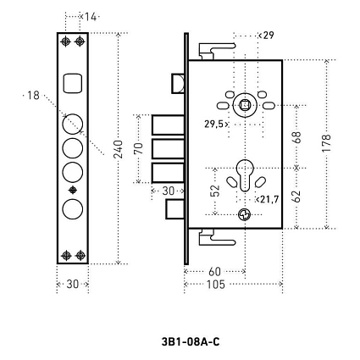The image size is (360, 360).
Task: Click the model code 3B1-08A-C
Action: click(x=191, y=342)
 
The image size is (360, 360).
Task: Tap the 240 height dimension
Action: click(x=119, y=149)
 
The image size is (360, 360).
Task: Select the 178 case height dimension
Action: click(x=326, y=143)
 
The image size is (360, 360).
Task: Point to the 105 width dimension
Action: click(x=216, y=285)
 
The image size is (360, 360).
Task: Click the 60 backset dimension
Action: click(x=214, y=272)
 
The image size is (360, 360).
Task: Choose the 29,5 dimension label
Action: click(x=214, y=124)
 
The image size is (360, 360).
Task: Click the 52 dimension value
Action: click(x=215, y=191)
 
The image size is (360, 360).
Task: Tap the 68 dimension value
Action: click(x=297, y=137)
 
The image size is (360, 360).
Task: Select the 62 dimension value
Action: click(x=297, y=197)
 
